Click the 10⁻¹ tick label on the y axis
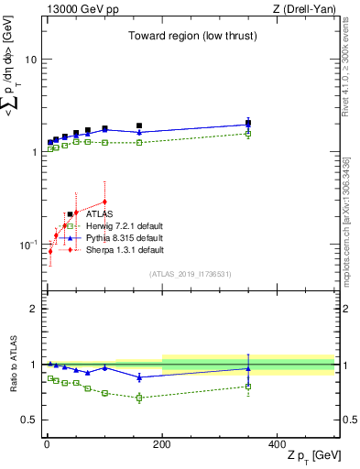click(x=27, y=245)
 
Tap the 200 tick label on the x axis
click(x=162, y=444)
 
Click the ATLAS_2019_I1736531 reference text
click(x=191, y=273)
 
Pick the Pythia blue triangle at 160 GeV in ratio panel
click(x=139, y=376)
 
